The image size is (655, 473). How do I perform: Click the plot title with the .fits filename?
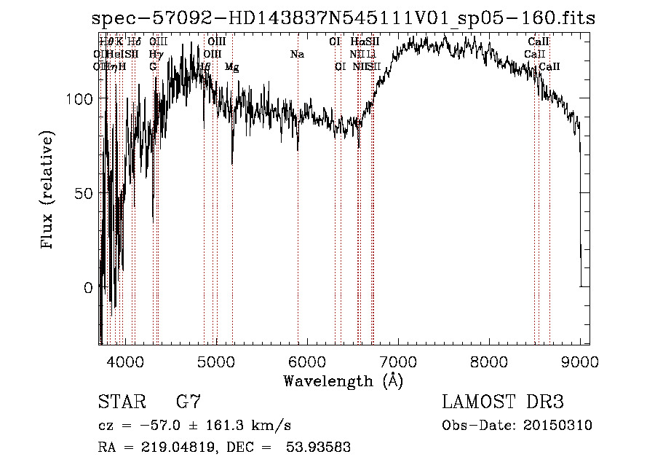tap(344, 18)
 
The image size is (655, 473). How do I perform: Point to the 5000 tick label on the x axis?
tap(215, 360)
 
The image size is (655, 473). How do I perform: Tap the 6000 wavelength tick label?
tap(306, 360)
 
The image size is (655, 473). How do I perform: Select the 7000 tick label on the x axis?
tap(397, 360)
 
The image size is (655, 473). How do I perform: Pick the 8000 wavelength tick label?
tap(488, 360)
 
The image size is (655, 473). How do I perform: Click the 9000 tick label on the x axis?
tap(579, 360)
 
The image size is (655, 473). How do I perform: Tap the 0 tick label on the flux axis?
tap(89, 287)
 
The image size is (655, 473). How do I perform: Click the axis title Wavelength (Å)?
tap(343, 380)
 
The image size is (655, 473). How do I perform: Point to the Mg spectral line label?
tap(231, 67)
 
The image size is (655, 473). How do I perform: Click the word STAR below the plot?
tap(121, 402)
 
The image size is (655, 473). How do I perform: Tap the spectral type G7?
tap(188, 402)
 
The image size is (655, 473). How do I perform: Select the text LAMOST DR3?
tap(503, 402)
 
